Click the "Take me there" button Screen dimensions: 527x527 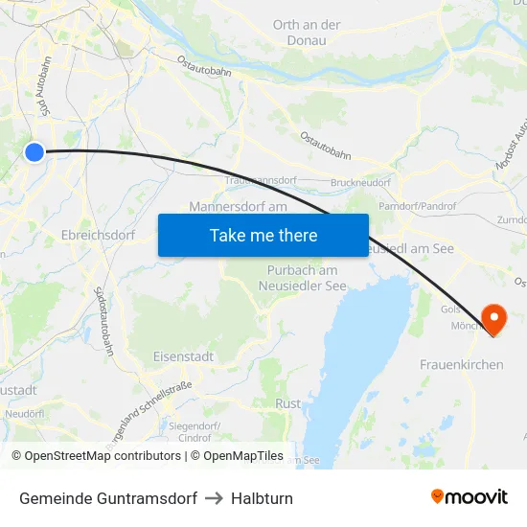click(263, 235)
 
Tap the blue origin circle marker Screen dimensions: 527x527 click(34, 151)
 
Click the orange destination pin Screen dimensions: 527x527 click(494, 318)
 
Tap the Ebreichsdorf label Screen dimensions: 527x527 click(98, 235)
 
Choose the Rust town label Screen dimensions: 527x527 click(287, 403)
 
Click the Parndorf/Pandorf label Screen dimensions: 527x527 click(417, 205)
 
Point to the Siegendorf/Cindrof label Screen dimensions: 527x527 click(195, 430)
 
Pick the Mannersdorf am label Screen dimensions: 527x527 click(239, 206)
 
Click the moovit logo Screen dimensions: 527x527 click(470, 497)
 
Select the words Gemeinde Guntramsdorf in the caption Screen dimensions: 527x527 click(108, 498)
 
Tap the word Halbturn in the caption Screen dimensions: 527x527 click(262, 498)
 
